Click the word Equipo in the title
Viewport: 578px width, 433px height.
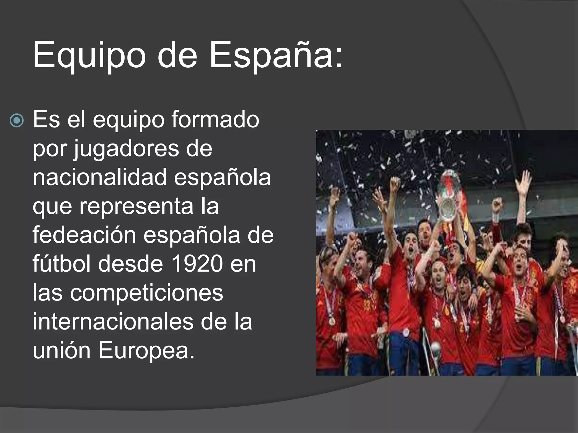click(x=89, y=55)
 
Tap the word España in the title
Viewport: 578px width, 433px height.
click(x=271, y=55)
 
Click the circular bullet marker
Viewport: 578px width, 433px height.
click(x=17, y=121)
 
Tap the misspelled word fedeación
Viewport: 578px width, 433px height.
click(x=84, y=235)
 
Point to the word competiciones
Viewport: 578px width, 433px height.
click(x=146, y=293)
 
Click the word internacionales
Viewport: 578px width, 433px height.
click(x=113, y=322)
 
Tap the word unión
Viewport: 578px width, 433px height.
click(x=62, y=351)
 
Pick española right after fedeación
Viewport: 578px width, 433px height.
click(x=192, y=235)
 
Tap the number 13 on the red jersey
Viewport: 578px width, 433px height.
click(x=367, y=305)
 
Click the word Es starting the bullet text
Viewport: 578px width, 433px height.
click(x=46, y=120)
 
